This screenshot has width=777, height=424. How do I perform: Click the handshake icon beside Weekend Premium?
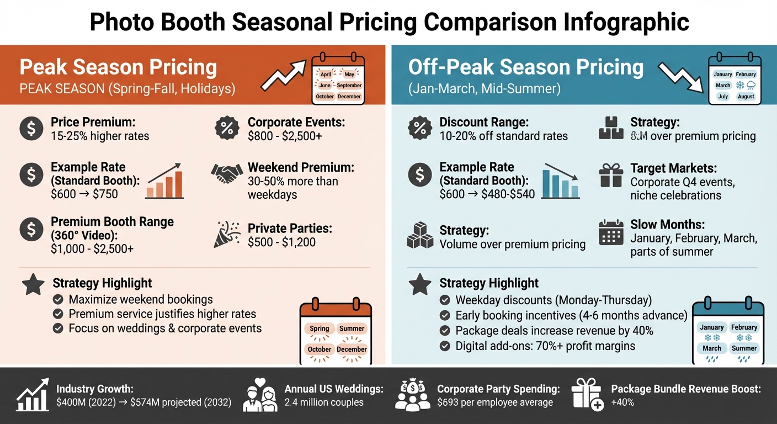pos(227,174)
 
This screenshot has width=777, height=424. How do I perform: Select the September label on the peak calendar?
pos(349,86)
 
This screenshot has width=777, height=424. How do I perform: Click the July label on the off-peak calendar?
pos(723,97)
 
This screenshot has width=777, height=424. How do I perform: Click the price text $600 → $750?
pos(84,194)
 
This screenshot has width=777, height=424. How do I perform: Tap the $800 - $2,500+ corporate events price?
pos(285,136)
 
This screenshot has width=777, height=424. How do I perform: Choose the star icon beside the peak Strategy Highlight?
pos(33,285)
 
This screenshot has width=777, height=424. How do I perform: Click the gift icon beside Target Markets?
pos(611,174)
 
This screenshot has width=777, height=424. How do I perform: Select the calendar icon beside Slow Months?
pos(611,232)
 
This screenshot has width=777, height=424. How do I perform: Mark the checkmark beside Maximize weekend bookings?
pos(57,300)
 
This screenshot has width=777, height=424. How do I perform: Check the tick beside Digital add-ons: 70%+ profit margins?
pos(444,346)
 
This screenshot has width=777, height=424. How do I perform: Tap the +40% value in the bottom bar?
pos(622,402)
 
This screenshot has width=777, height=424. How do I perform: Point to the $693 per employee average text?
pos(494,402)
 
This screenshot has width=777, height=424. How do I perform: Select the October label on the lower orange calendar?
pos(320,349)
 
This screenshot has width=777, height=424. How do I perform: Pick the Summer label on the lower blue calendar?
pos(744,348)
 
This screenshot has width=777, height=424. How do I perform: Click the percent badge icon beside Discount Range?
pos(419,128)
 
